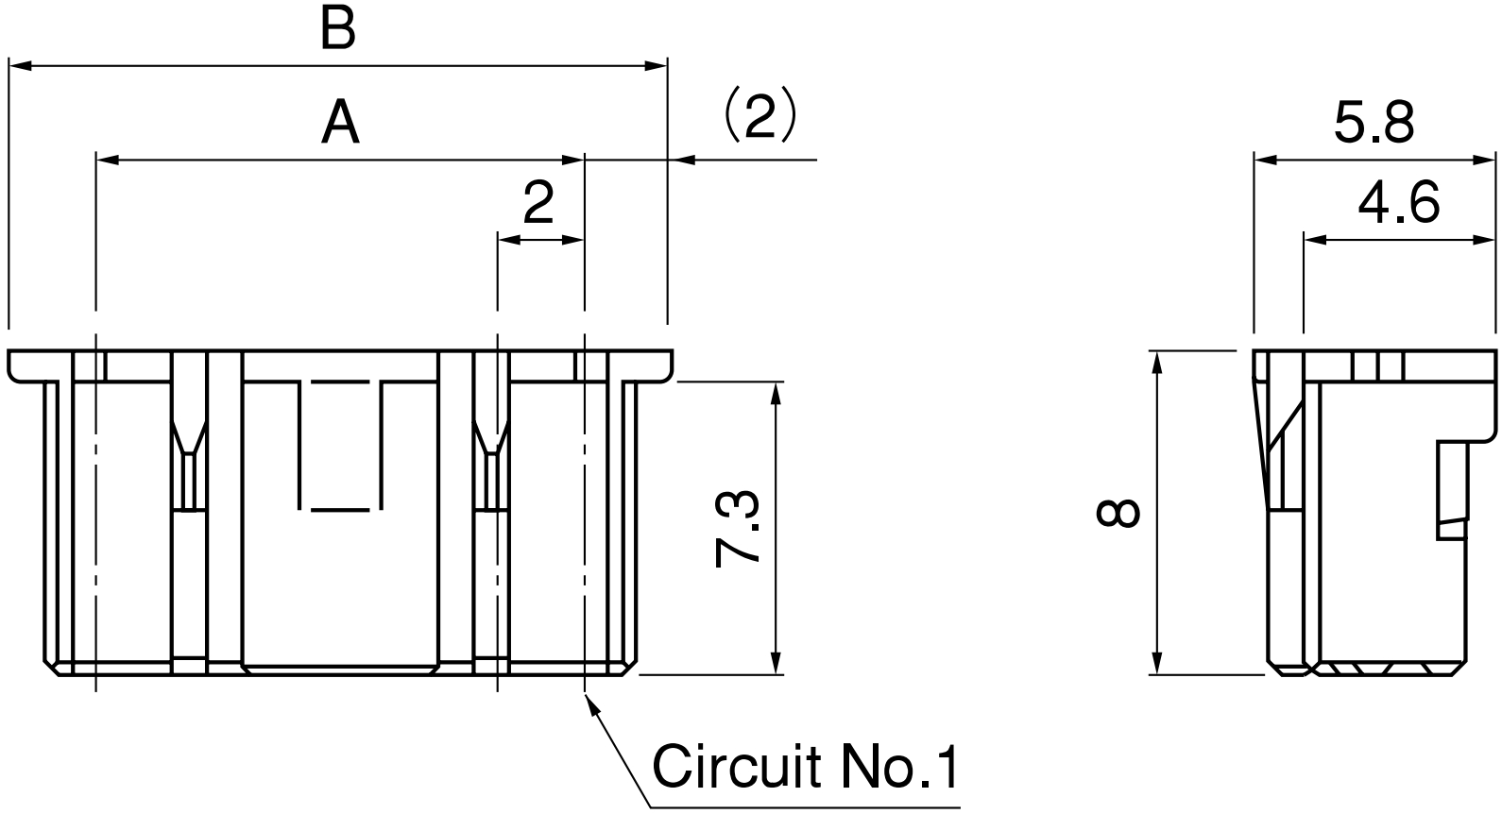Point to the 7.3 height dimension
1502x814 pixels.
point(738,528)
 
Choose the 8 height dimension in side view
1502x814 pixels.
point(1118,514)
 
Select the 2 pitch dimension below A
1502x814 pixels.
point(538,203)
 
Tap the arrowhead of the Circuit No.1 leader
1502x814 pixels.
point(590,703)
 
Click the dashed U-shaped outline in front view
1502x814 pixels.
point(340,444)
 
